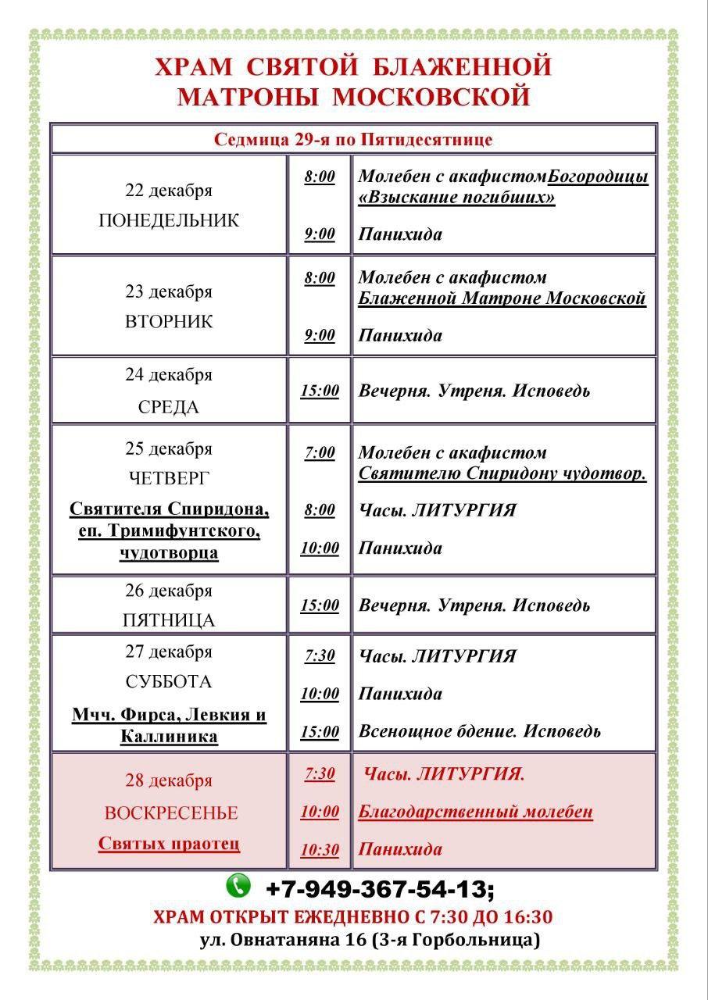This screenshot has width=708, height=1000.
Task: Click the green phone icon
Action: click(x=238, y=885)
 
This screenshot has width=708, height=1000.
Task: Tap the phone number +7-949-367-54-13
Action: click(x=380, y=889)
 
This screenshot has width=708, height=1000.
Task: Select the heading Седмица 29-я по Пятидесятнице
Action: click(x=353, y=140)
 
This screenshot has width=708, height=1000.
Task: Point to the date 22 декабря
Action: click(x=169, y=191)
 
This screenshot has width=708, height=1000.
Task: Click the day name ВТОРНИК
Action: click(x=169, y=322)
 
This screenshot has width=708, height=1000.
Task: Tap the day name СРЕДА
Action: click(x=169, y=407)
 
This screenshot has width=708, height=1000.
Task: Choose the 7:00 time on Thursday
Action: click(x=320, y=453)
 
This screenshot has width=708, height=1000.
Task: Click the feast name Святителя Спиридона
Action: click(x=169, y=509)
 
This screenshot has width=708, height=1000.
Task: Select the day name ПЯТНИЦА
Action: click(x=169, y=620)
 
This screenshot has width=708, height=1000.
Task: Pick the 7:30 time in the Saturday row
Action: click(x=320, y=656)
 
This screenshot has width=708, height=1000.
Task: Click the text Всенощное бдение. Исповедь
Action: click(x=479, y=731)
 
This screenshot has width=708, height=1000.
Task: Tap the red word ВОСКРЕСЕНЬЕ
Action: click(x=171, y=812)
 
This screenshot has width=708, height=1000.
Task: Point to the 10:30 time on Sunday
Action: click(x=320, y=849)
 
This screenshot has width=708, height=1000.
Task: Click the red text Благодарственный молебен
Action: click(x=475, y=812)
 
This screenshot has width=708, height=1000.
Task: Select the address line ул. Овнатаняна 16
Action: click(x=370, y=940)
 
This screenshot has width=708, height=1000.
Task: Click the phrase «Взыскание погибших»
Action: click(x=456, y=198)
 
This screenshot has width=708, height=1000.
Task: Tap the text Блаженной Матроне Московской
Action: click(x=502, y=298)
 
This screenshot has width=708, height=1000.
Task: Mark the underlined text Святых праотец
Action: click(x=169, y=844)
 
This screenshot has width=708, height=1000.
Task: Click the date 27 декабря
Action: click(x=169, y=652)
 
